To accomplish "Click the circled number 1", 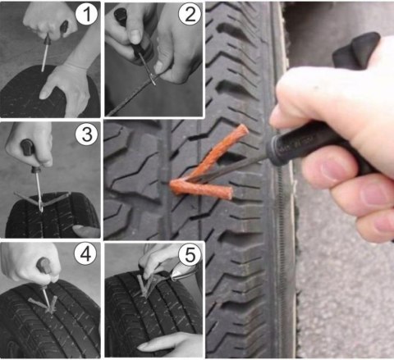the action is [86, 14].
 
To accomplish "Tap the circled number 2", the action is [190, 14].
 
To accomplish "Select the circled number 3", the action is [86, 134].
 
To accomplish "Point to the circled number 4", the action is [85, 254].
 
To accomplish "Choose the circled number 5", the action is [190, 255].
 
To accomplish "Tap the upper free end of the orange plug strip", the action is [243, 129].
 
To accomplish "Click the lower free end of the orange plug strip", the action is [228, 193].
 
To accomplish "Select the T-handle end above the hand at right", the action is [355, 51].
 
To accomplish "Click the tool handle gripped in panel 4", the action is [44, 266].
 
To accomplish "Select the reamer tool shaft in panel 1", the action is [45, 53].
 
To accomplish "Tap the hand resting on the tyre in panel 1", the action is [66, 84].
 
